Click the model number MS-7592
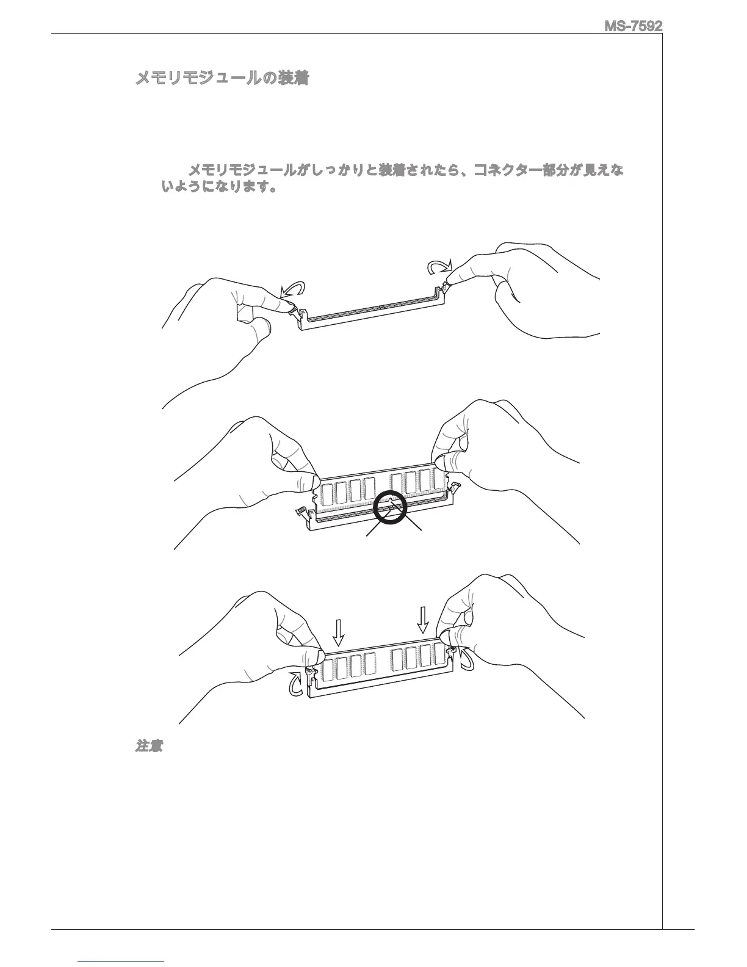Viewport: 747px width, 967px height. [633, 26]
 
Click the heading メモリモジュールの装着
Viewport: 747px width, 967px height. [222, 79]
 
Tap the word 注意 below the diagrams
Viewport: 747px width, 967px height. [148, 746]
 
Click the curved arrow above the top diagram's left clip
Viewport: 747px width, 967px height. [292, 290]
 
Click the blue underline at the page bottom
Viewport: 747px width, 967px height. [121, 962]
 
